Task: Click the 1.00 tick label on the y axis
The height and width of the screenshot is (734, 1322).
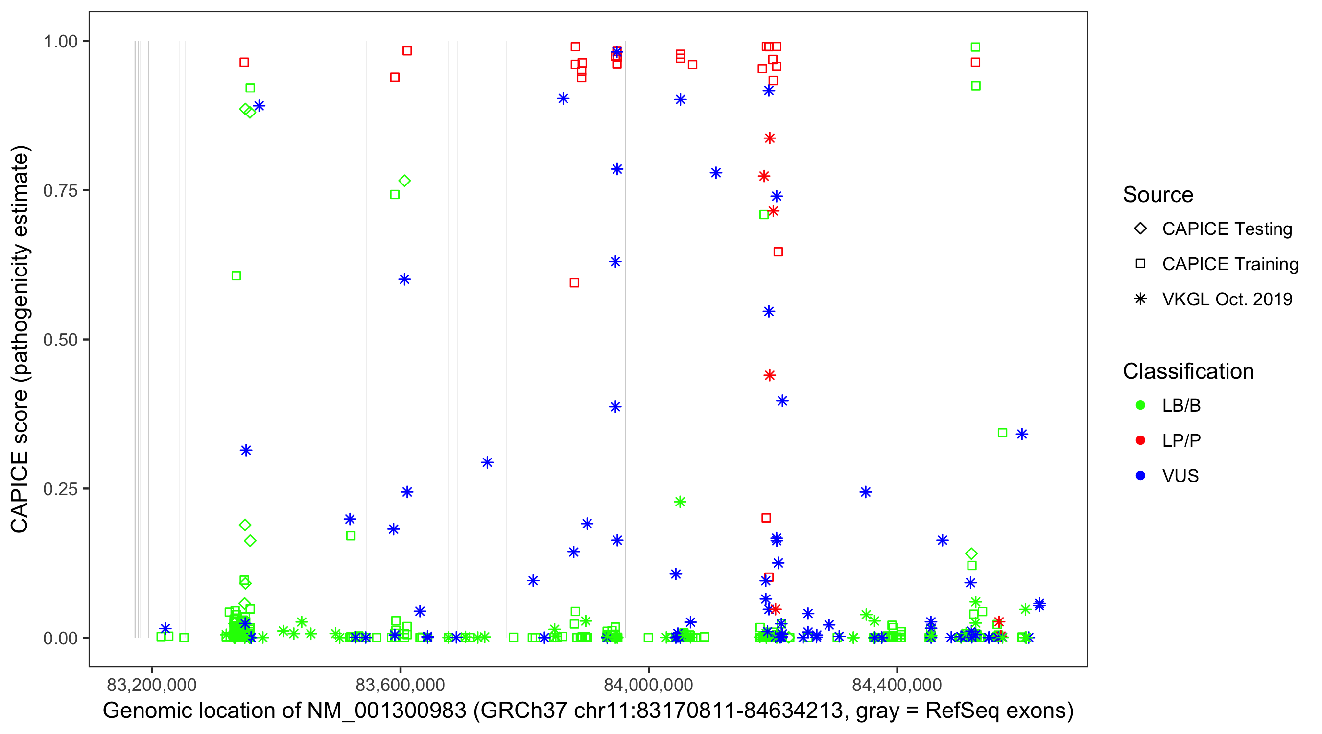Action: pos(60,41)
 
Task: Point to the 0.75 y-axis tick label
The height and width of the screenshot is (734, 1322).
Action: pos(60,190)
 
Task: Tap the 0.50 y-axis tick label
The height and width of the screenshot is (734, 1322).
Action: pos(60,340)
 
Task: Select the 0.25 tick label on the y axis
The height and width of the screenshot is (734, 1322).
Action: pos(60,489)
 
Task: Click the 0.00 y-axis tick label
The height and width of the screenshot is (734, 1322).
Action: pos(60,638)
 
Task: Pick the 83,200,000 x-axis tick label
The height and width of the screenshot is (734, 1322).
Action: pos(151,685)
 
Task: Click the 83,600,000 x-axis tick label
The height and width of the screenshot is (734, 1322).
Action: pos(401,685)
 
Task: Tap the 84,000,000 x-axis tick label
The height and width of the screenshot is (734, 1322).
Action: pos(649,685)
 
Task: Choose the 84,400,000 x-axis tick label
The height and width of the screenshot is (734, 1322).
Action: pos(897,685)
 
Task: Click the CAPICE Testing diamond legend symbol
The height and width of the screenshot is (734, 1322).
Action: pos(1140,228)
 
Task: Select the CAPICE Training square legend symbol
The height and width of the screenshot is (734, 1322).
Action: pos(1140,264)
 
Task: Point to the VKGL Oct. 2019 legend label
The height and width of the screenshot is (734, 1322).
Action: pos(1227,299)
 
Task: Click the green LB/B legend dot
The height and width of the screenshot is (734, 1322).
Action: pos(1140,405)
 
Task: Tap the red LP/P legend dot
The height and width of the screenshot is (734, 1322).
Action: pos(1140,440)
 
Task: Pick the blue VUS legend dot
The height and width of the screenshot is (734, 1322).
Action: pos(1140,476)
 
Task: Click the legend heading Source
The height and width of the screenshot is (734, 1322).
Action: pos(1158,195)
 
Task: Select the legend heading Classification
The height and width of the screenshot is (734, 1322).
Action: pos(1188,371)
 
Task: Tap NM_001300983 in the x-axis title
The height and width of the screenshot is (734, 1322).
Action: pos(386,711)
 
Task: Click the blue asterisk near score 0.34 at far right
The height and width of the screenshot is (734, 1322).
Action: pos(1022,435)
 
